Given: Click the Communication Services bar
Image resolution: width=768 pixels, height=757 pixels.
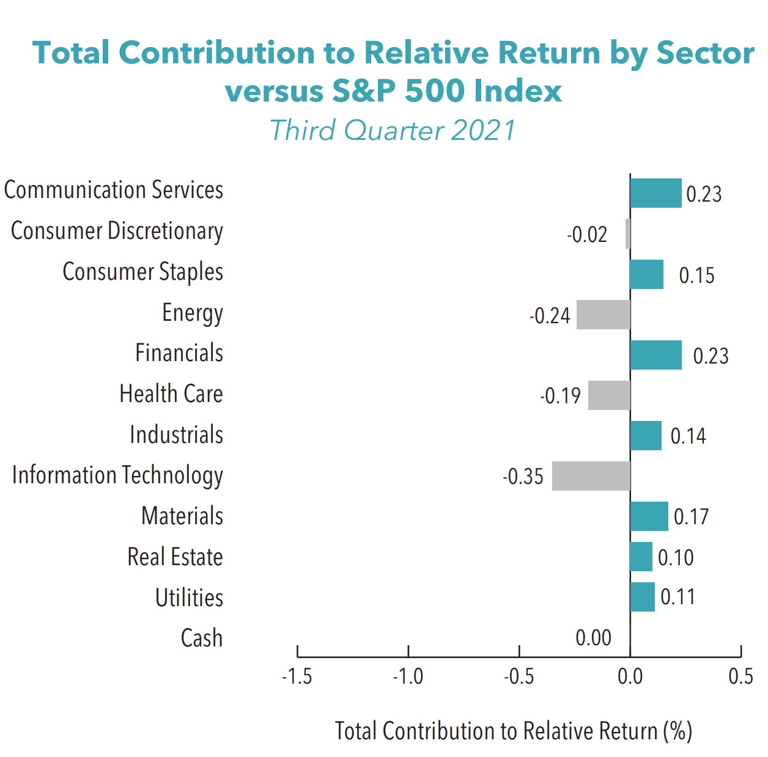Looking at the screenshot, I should click(x=655, y=193).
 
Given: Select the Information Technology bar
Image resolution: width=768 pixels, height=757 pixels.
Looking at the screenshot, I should click(x=591, y=476).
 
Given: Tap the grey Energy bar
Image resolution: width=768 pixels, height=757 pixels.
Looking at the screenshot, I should click(x=603, y=315).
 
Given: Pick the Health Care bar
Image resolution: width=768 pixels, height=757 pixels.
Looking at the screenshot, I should click(x=609, y=395).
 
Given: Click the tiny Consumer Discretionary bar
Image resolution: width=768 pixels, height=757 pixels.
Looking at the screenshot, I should click(x=627, y=233).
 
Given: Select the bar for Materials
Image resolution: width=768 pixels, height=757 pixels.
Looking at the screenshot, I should click(x=649, y=516).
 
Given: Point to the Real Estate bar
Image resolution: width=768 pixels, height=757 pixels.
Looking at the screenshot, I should click(x=641, y=557).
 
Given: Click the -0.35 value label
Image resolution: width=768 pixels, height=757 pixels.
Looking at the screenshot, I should click(x=523, y=477).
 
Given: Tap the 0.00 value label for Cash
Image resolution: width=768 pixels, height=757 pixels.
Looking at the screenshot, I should click(x=593, y=638).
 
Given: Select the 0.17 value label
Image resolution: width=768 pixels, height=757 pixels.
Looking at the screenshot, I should click(x=691, y=517).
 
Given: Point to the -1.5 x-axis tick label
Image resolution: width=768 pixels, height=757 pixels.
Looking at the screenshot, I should click(x=297, y=677).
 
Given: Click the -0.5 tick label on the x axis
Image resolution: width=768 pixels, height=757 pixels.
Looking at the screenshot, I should click(x=519, y=677).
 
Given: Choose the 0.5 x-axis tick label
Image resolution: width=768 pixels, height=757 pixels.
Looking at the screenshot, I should click(x=740, y=677).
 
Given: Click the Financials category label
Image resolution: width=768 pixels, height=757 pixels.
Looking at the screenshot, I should click(x=179, y=353).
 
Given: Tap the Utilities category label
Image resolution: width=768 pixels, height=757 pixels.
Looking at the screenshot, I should click(x=189, y=598).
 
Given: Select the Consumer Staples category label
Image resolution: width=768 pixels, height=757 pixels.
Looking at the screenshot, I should click(x=142, y=272).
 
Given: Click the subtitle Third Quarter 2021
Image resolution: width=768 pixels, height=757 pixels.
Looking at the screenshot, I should click(x=393, y=130).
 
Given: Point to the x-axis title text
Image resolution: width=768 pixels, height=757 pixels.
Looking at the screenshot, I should click(x=513, y=731).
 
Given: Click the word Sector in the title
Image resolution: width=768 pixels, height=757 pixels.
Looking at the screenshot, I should click(x=705, y=53).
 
